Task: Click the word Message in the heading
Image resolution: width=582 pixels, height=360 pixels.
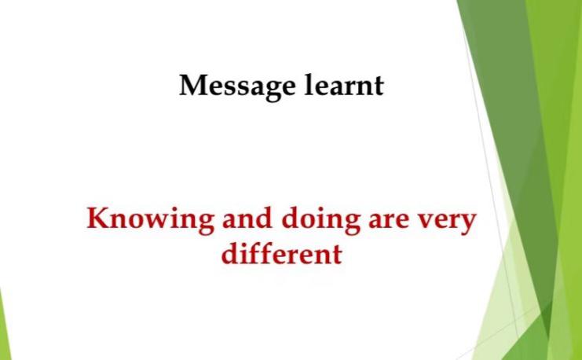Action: (x=237, y=87)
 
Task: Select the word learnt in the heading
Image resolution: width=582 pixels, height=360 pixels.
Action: (x=345, y=85)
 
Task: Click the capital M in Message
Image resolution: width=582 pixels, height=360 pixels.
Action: (x=196, y=86)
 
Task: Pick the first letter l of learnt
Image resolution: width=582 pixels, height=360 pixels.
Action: (x=310, y=85)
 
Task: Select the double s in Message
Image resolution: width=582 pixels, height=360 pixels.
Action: (x=236, y=89)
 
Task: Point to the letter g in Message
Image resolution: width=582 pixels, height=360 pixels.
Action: (x=272, y=92)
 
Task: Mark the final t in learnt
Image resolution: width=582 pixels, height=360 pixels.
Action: (x=378, y=87)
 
